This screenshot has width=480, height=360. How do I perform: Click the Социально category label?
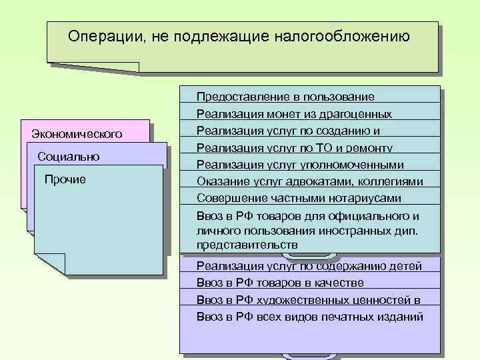click(69, 157)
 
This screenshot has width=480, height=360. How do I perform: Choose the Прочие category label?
click(64, 179)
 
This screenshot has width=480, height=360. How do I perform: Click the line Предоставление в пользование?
click(285, 97)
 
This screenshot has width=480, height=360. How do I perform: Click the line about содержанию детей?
click(309, 267)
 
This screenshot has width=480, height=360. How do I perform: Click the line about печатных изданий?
click(310, 317)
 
